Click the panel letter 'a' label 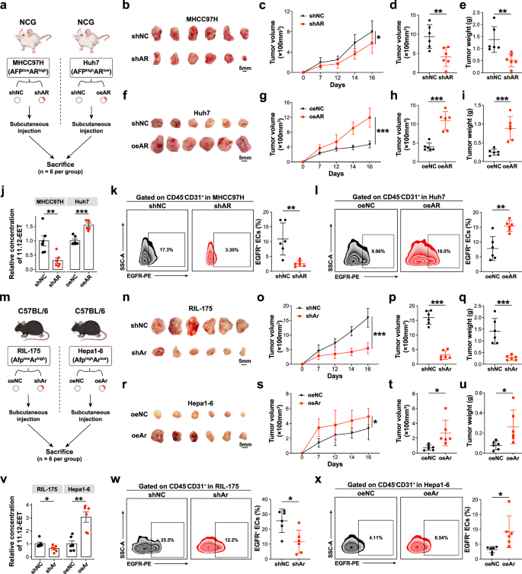pyautogui.click(x=5, y=6)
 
